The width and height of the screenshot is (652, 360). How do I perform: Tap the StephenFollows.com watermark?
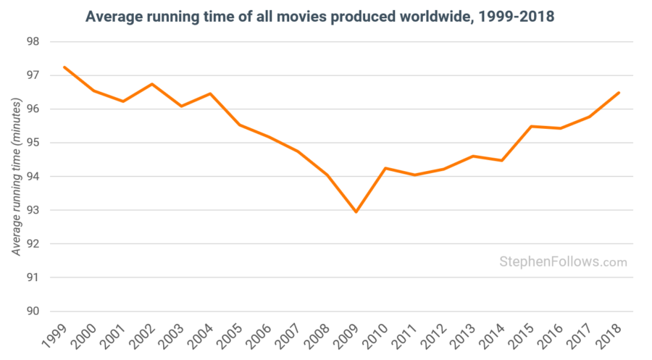pyautogui.click(x=563, y=262)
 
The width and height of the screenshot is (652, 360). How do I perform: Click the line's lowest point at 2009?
pyautogui.click(x=356, y=212)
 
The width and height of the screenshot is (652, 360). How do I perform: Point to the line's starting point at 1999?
pyautogui.click(x=64, y=67)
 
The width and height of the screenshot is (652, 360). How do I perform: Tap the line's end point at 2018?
pyautogui.click(x=619, y=93)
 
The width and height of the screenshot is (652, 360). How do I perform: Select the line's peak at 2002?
pyautogui.click(x=152, y=84)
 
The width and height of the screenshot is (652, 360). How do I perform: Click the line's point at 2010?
pyautogui.click(x=385, y=168)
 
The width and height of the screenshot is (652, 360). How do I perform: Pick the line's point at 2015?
pyautogui.click(x=531, y=126)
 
